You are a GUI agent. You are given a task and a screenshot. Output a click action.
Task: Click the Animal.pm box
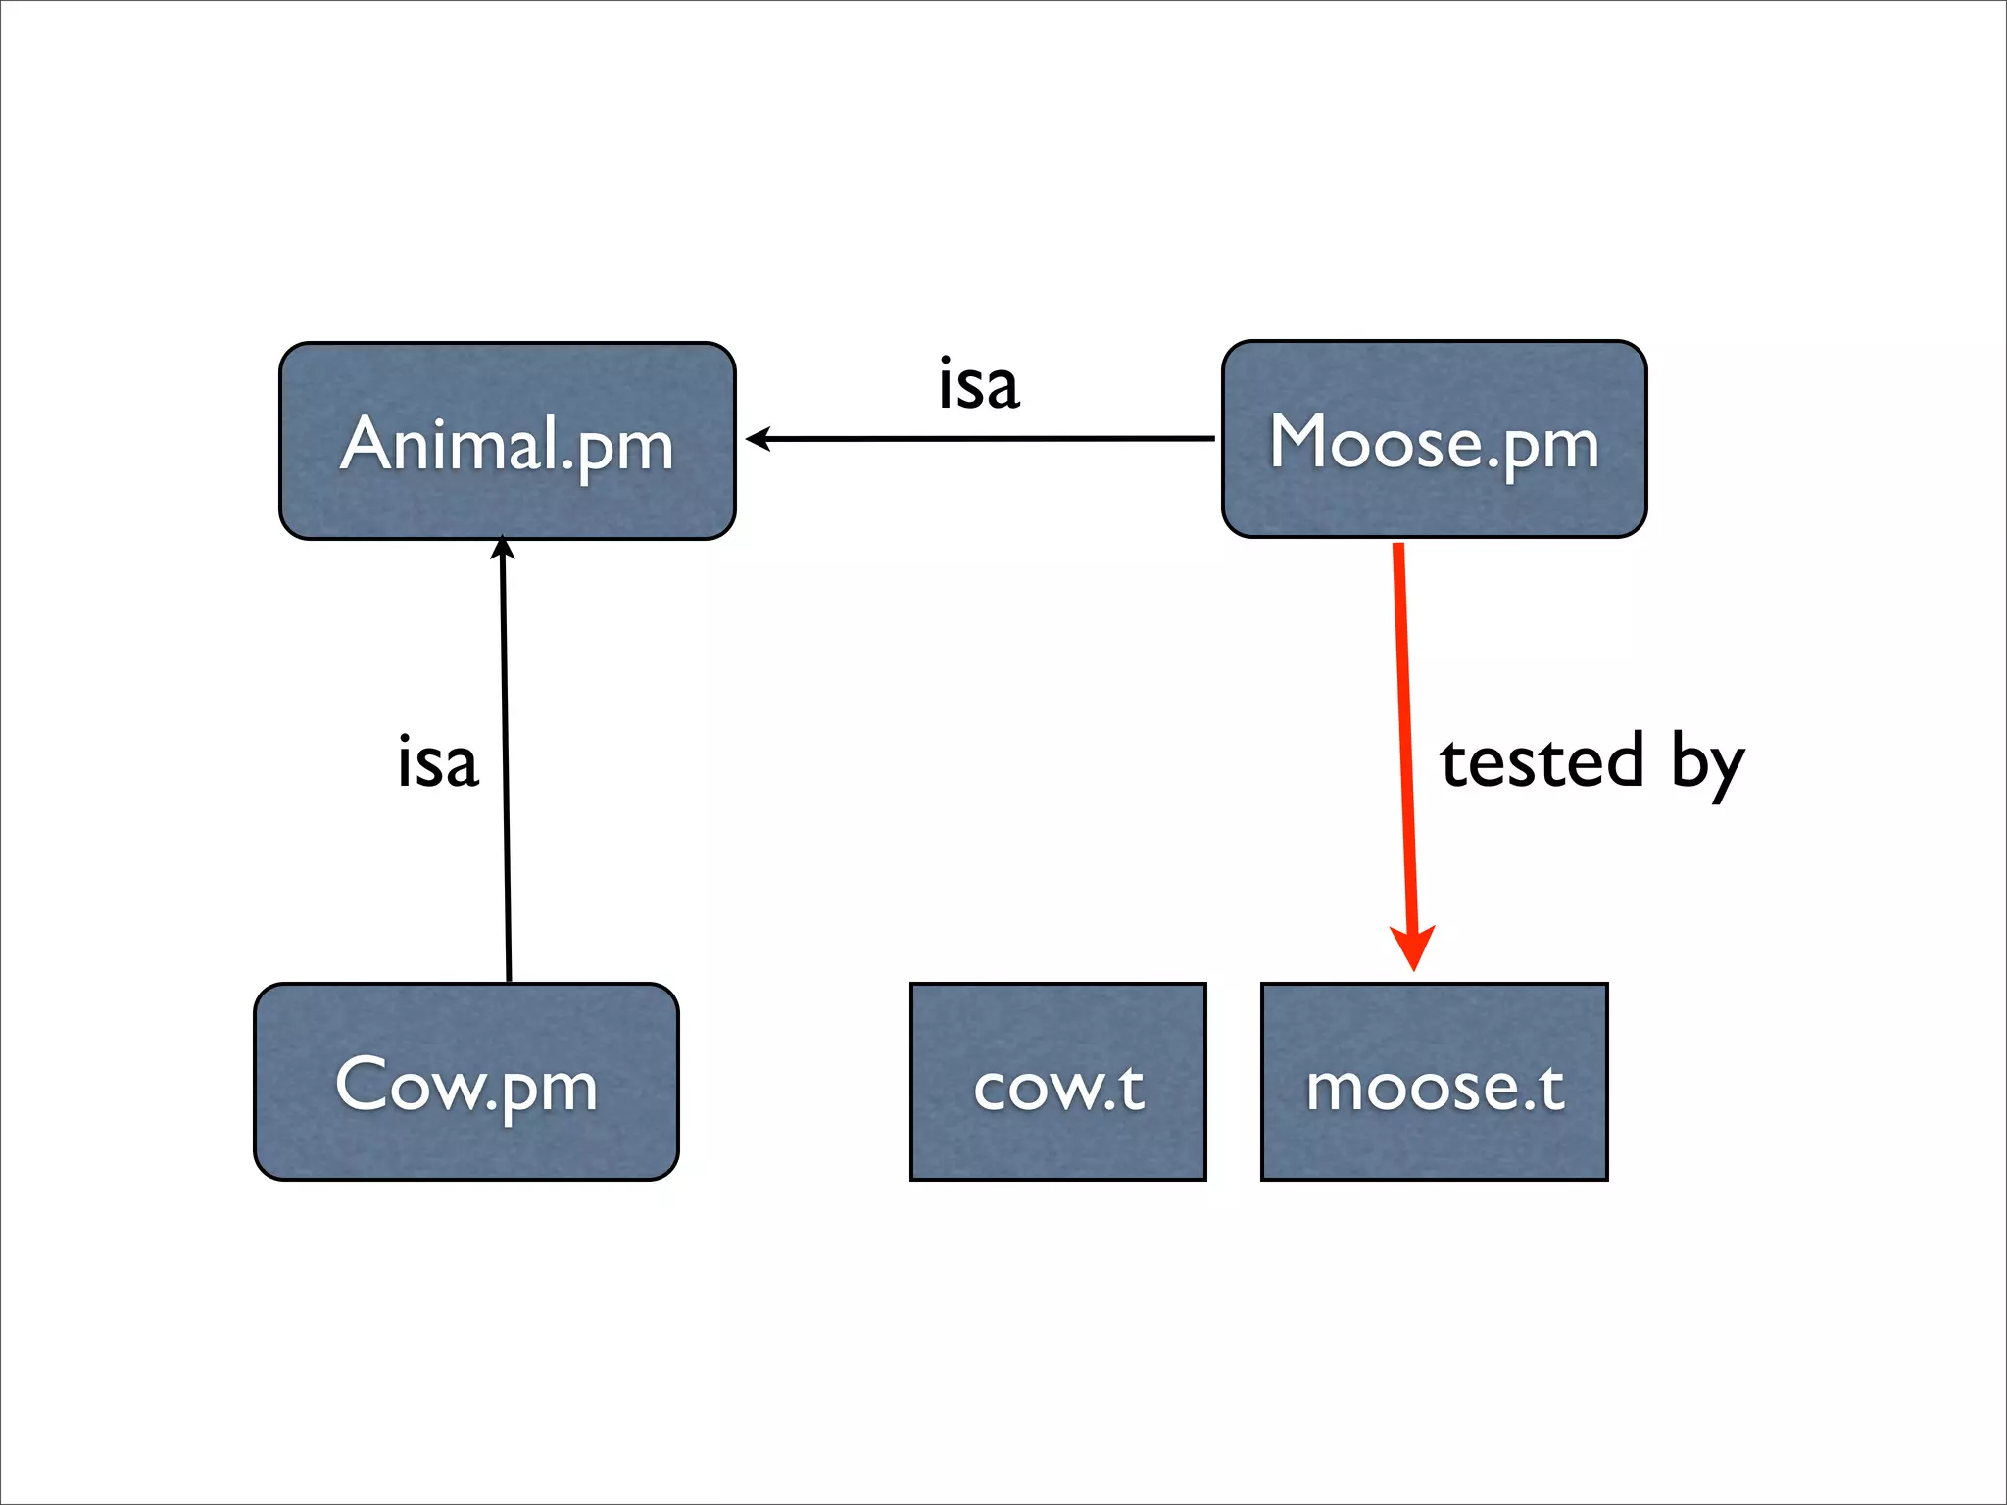[507, 441]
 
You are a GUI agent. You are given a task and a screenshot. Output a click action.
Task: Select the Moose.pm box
[1434, 439]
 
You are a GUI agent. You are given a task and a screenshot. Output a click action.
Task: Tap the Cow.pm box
[465, 1082]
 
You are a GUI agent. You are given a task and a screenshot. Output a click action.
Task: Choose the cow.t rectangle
[1057, 1082]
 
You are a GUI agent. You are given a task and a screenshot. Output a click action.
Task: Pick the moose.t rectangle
[1434, 1082]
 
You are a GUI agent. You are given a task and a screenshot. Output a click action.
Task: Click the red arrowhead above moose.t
[1413, 947]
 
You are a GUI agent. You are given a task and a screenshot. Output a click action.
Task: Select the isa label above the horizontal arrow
[979, 384]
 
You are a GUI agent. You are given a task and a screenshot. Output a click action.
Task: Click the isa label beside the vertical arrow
[437, 762]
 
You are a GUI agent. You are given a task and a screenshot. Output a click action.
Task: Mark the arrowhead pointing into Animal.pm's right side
[759, 439]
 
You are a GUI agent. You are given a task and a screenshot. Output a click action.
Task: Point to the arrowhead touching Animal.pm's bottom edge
[503, 547]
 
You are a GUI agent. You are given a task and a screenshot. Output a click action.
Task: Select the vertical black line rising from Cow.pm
[506, 764]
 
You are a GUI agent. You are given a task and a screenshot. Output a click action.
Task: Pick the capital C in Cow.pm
[363, 1084]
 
